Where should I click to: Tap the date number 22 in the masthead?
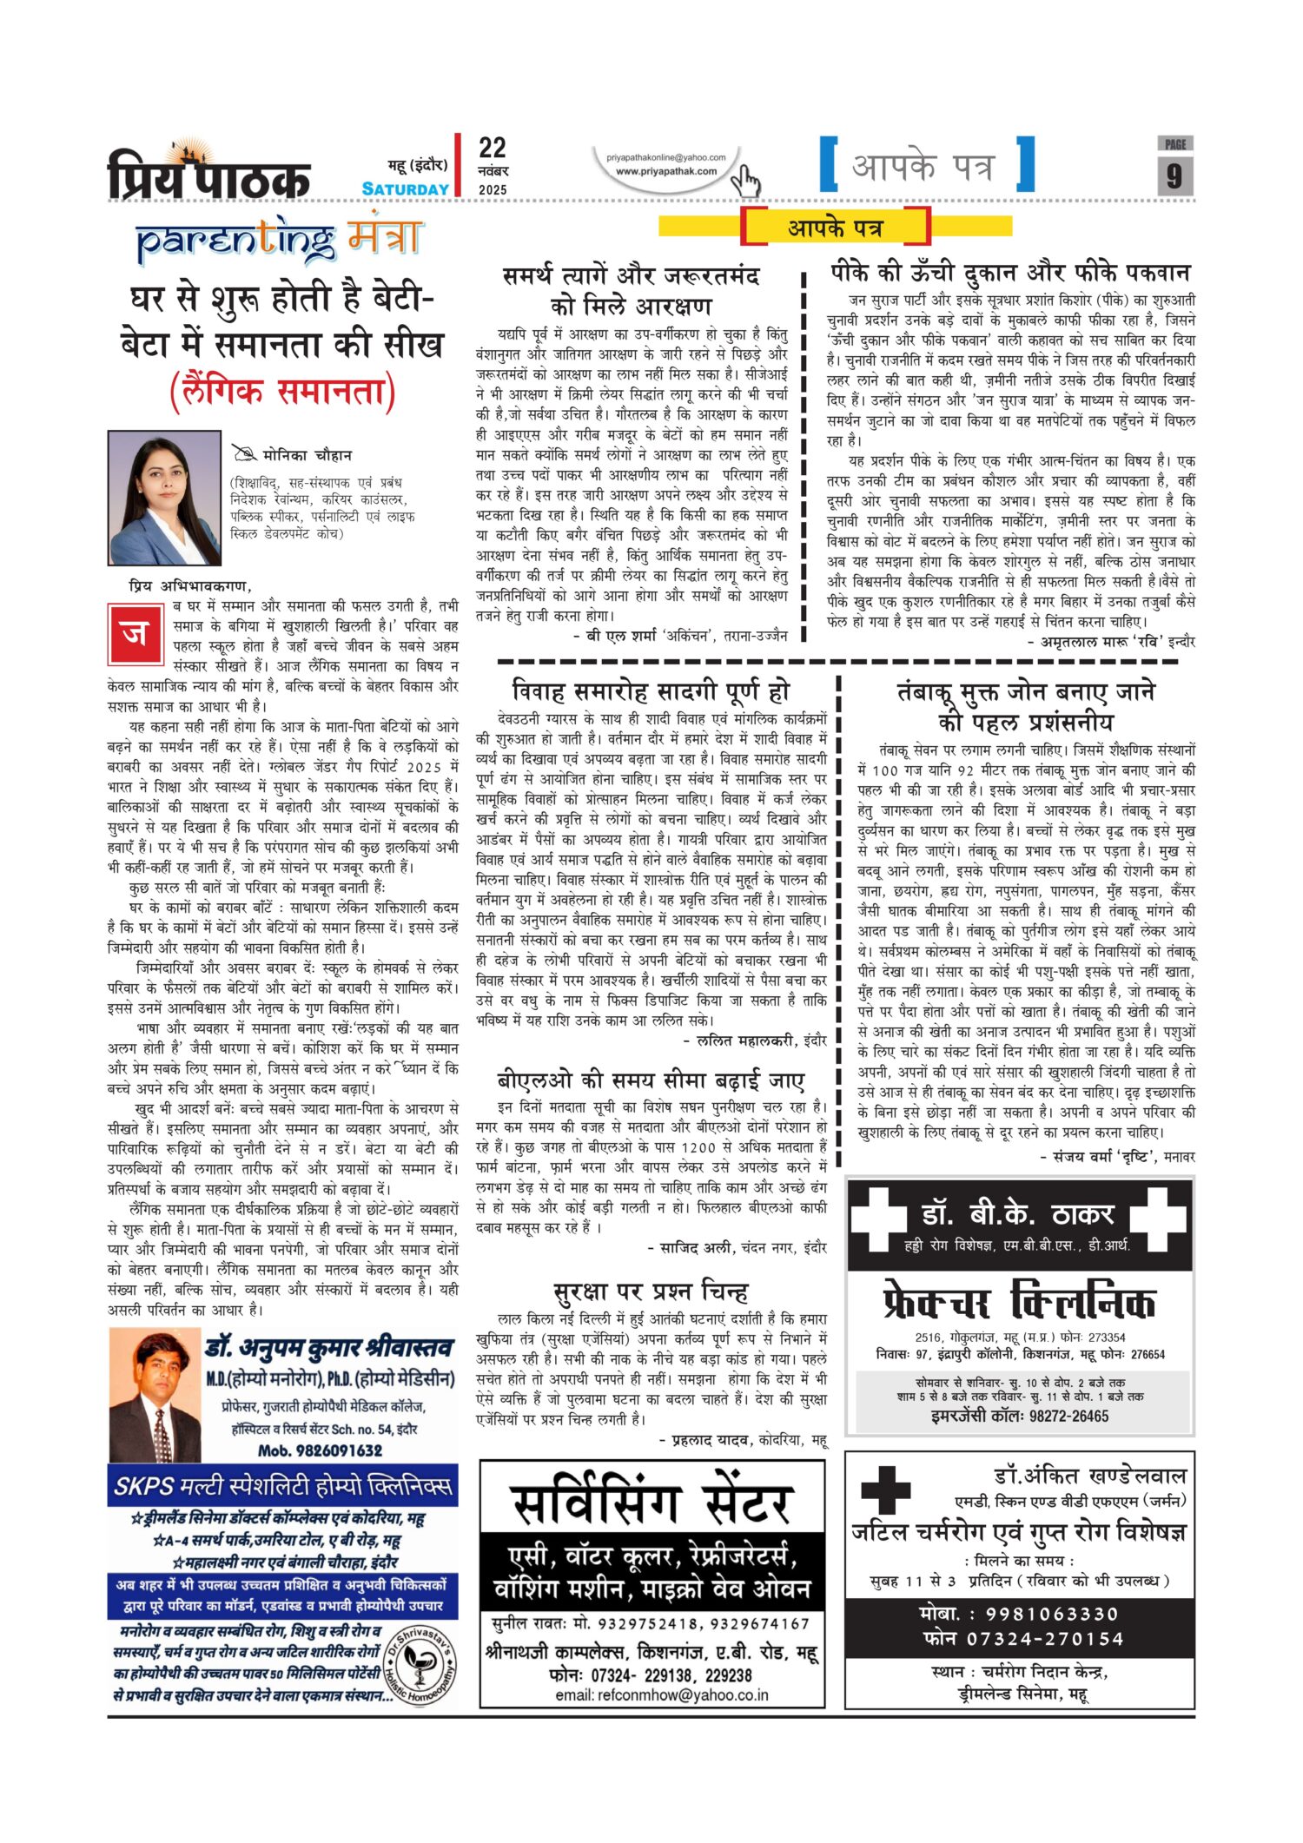point(493,148)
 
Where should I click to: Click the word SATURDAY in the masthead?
point(406,189)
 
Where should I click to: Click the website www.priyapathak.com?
point(666,171)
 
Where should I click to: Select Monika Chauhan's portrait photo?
point(164,498)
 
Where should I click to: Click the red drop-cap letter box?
point(136,633)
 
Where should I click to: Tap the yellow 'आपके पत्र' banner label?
point(835,228)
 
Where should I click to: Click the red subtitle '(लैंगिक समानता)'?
point(282,392)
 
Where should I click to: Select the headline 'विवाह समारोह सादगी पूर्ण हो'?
point(651,691)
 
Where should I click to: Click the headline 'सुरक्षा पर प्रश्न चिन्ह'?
point(651,1291)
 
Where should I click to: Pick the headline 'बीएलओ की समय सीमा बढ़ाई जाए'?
point(651,1080)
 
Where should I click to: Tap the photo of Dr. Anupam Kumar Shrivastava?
point(155,1395)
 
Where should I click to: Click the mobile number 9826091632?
point(320,1450)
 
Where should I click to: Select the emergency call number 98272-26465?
point(1020,1416)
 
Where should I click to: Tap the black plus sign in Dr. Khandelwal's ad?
point(885,1490)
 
